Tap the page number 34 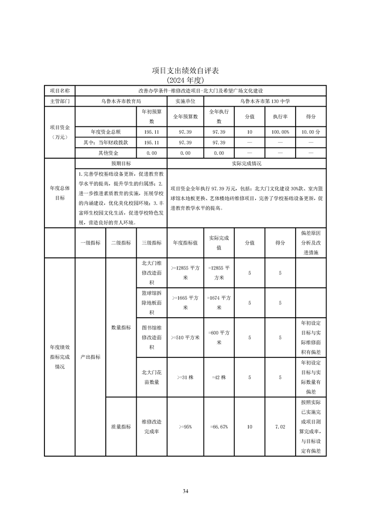tap(186, 491)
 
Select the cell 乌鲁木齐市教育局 tap(121, 101)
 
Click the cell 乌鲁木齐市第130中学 tap(265, 101)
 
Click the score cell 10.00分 tap(311, 132)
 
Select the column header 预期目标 tap(121, 164)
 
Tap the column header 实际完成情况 tap(247, 164)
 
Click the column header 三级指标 tap(151, 243)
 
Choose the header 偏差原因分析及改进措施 tap(311, 243)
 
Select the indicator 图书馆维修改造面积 tap(151, 337)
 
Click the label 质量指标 tap(121, 427)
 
